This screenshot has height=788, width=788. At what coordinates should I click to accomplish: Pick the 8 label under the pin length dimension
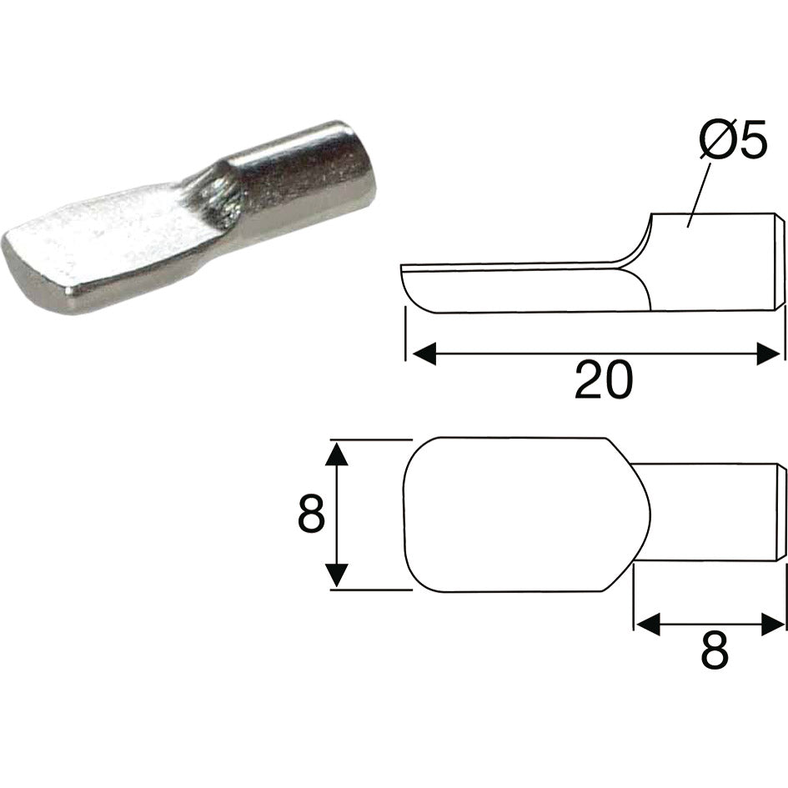pyautogui.click(x=714, y=651)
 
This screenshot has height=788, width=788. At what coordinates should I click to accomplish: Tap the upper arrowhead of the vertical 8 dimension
pyautogui.click(x=335, y=455)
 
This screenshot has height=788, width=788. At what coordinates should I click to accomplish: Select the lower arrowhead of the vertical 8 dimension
pyautogui.click(x=335, y=575)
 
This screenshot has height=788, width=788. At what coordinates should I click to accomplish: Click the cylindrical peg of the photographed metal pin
pyautogui.click(x=309, y=175)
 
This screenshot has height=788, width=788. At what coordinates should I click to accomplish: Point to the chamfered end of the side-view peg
pyautogui.click(x=780, y=261)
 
